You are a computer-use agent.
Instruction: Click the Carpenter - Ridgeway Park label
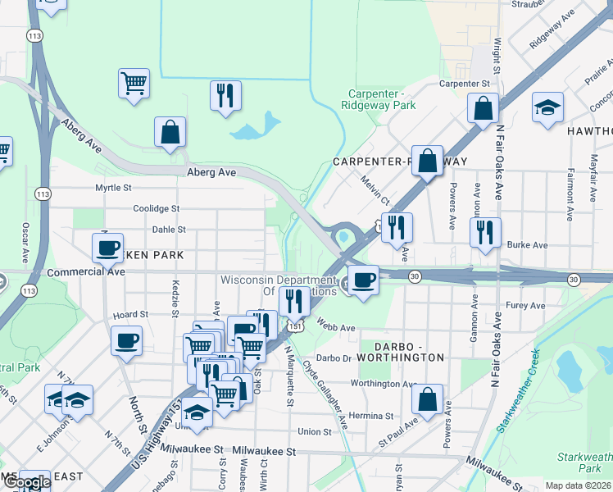pos(379,99)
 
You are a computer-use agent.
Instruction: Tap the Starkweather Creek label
pos(517,390)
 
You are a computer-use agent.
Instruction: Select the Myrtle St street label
pos(113,188)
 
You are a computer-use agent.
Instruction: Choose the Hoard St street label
pos(130,314)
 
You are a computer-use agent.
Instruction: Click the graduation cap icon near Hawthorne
pos(547,108)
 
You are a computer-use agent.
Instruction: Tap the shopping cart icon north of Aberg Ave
pos(134,82)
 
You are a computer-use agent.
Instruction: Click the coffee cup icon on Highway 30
pos(363,279)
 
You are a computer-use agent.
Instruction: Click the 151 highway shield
pos(291,326)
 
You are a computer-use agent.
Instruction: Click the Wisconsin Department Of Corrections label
pos(279,285)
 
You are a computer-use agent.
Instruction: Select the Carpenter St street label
pos(464,84)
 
